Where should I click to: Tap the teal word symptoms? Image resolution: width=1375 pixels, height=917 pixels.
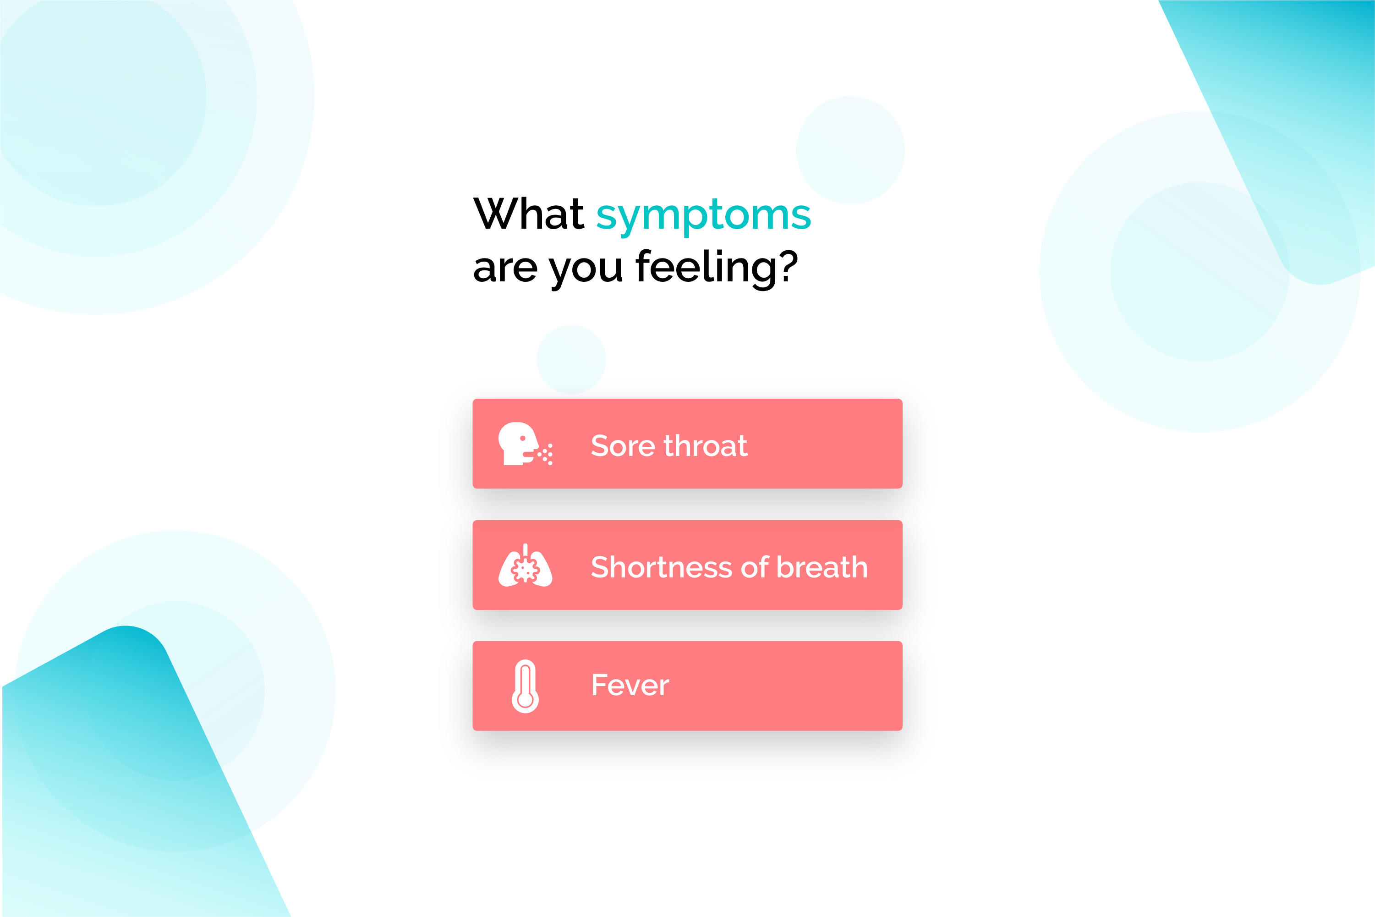(703, 217)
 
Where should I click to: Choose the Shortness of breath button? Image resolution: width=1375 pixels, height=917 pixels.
(687, 565)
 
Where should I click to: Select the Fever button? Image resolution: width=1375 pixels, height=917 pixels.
(687, 686)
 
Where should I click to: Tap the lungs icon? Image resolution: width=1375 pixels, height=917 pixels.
(525, 566)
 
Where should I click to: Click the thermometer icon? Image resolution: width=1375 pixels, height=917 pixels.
(525, 686)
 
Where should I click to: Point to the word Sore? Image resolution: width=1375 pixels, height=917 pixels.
(623, 446)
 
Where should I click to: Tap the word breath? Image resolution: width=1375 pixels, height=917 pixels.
(822, 567)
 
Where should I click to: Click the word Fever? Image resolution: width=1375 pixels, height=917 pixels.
(630, 686)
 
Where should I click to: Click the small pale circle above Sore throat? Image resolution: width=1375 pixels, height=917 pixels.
(571, 360)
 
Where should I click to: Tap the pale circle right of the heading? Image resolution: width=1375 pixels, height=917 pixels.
(850, 150)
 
